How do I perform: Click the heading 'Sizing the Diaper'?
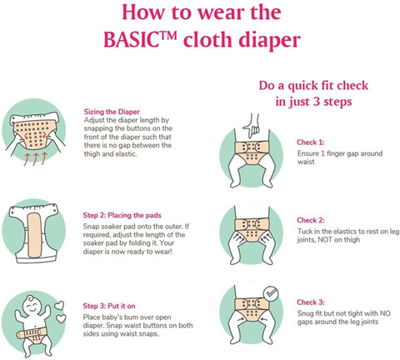[112, 112]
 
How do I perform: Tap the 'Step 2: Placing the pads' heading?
[122, 215]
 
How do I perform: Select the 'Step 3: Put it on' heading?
[109, 306]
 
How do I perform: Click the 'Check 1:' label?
[311, 142]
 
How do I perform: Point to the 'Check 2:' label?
[311, 220]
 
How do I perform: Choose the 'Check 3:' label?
[311, 302]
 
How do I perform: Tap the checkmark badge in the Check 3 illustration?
[271, 293]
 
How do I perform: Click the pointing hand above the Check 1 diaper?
[252, 126]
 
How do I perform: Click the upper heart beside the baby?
[59, 306]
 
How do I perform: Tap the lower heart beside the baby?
[62, 318]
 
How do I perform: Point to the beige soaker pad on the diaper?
[34, 235]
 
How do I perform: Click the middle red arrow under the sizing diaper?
[36, 159]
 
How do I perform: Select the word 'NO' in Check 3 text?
[385, 313]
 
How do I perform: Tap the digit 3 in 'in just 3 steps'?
[316, 102]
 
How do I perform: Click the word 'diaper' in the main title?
[269, 41]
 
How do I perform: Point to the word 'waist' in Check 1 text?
[306, 162]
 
